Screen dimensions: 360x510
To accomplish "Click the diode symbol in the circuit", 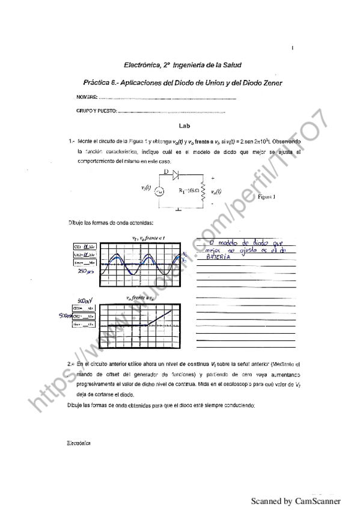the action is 175,175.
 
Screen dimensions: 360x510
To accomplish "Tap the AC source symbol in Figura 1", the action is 159,191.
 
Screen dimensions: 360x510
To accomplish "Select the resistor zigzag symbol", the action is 204,191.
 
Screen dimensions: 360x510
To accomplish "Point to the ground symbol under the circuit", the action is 178,210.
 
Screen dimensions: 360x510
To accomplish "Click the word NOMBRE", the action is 86,97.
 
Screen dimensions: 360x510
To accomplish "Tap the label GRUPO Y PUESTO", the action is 96,111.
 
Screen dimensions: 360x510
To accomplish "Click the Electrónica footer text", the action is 78,443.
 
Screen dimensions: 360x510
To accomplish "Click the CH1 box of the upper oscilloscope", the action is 85,247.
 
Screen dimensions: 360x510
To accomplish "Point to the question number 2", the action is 71,364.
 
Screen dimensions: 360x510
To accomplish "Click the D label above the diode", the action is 166,171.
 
